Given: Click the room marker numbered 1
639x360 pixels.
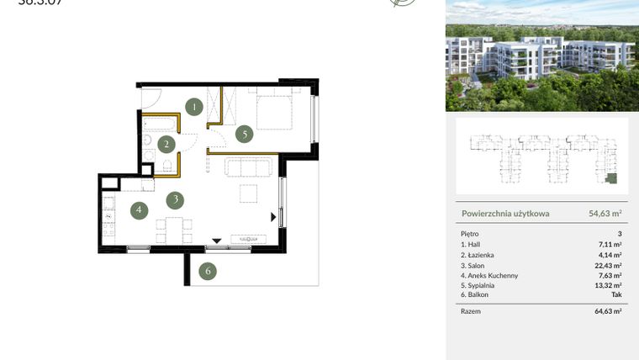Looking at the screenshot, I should [x=194, y=107].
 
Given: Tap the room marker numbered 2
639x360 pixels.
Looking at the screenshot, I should [x=167, y=145].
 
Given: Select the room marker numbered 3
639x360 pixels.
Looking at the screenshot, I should [x=174, y=200].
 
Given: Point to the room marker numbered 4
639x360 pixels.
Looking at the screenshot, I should [x=138, y=210].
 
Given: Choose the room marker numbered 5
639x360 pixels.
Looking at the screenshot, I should [x=244, y=133].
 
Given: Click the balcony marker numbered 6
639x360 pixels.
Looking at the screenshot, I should [x=208, y=271].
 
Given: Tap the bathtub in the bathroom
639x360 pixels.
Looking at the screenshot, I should [x=159, y=126].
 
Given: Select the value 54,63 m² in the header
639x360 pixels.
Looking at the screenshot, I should [x=605, y=214].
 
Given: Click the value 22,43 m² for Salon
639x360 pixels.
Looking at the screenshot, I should [x=610, y=265].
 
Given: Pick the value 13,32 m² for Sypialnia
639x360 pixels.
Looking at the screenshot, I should [x=610, y=285].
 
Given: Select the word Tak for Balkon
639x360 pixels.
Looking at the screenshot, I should [x=615, y=295].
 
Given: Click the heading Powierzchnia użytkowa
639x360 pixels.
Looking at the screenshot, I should [x=505, y=214].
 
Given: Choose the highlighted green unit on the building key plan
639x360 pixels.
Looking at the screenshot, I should [x=612, y=178].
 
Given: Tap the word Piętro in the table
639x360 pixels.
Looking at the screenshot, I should [x=471, y=234].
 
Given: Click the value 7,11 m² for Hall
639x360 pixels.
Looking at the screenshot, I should [x=611, y=244].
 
